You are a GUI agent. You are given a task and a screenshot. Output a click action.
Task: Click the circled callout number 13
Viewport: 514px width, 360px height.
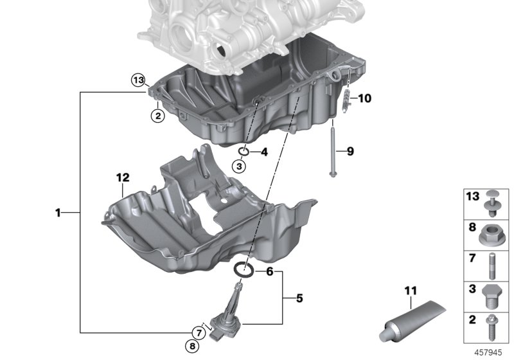138,80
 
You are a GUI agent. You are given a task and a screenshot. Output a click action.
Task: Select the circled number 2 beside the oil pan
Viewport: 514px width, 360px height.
157,116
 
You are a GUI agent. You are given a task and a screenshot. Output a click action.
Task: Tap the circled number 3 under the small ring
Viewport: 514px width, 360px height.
239,166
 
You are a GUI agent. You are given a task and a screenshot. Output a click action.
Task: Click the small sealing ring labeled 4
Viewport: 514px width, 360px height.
244,151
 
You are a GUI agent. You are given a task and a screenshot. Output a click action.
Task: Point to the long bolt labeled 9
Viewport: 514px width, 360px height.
333,148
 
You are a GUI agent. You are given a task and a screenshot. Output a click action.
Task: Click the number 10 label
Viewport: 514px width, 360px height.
364,98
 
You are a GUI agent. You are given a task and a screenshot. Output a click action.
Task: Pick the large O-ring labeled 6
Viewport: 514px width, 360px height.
244,269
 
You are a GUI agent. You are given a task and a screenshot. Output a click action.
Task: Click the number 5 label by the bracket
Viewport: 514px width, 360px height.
299,298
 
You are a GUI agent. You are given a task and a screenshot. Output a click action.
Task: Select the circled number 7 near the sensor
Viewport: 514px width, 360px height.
199,333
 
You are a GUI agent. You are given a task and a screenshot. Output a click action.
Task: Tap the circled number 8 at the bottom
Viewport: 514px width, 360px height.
192,346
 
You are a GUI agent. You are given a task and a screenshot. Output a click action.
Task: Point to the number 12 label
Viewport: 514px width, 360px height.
123,177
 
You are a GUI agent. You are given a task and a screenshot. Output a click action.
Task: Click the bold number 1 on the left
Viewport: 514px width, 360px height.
58,213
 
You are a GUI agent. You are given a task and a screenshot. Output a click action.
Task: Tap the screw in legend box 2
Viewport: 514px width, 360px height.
492,328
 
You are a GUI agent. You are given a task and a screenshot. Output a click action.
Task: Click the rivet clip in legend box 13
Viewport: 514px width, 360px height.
492,203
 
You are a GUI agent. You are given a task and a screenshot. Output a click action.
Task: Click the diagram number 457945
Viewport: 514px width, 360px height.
488,352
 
